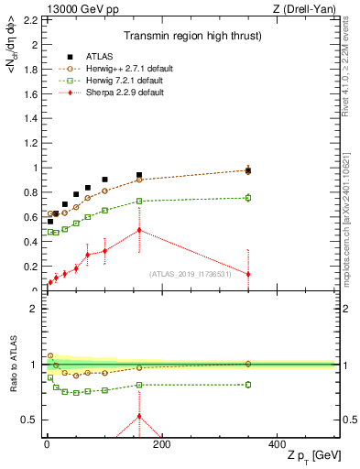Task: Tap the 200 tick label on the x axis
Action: (x=161, y=444)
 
